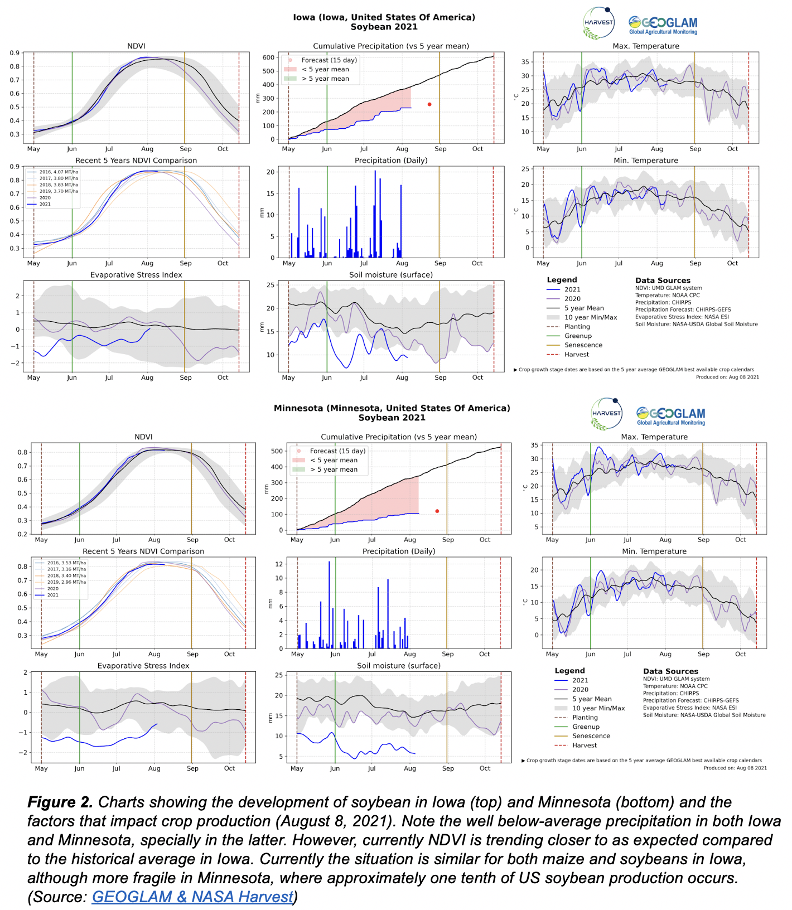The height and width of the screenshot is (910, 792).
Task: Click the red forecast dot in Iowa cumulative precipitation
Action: click(x=429, y=104)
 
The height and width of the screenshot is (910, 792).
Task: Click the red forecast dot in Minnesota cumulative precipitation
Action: click(x=437, y=511)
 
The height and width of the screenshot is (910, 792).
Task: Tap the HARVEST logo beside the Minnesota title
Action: click(x=606, y=414)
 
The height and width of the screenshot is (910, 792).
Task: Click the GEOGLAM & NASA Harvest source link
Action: click(x=192, y=897)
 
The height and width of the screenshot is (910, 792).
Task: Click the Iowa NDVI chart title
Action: click(x=136, y=46)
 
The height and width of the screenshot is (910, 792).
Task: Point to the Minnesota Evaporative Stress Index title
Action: click(x=143, y=666)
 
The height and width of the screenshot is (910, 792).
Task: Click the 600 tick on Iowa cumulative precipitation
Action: click(x=268, y=57)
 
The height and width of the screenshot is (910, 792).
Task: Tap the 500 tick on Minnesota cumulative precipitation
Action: click(x=277, y=451)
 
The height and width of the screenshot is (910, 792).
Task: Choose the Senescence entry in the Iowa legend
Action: click(x=583, y=345)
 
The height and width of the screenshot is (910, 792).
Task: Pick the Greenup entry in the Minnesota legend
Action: click(x=586, y=727)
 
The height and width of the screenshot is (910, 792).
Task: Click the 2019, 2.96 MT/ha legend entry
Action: click(x=66, y=582)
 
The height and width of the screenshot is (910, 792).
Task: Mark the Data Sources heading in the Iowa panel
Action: click(x=663, y=280)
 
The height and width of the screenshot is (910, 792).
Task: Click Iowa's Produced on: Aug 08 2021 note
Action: click(x=727, y=377)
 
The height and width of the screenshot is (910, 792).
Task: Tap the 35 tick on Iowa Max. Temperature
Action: click(x=525, y=62)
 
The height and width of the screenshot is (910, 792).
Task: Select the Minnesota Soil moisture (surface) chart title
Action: click(x=399, y=666)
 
